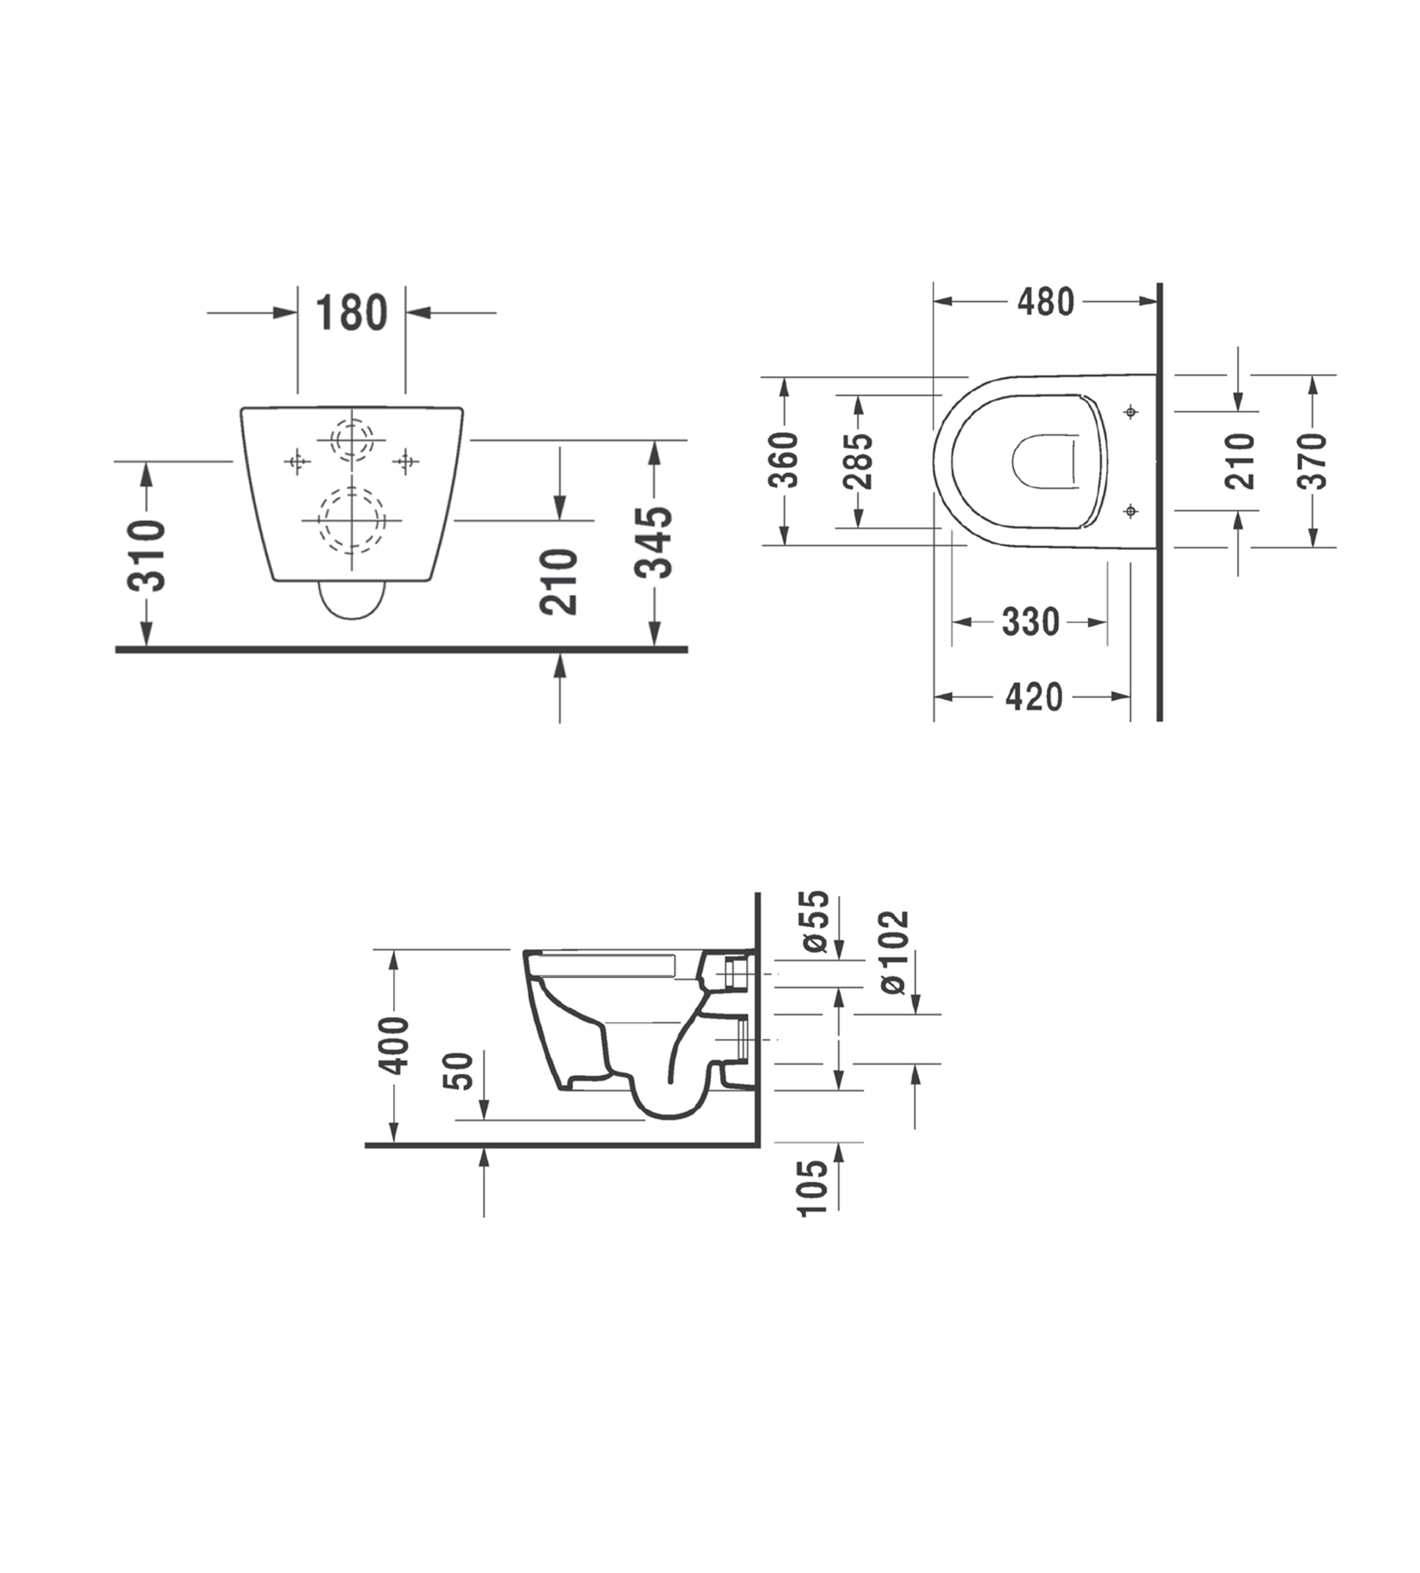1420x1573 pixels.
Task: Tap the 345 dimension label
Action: click(x=653, y=542)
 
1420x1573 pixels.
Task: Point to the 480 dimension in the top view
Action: click(x=1046, y=302)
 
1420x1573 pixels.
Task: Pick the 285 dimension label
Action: click(x=859, y=460)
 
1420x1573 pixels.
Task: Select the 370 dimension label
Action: click(x=1313, y=461)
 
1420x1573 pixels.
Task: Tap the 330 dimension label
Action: click(x=1031, y=622)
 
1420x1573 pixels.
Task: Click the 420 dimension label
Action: click(x=1034, y=697)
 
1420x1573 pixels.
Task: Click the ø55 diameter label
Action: click(x=814, y=922)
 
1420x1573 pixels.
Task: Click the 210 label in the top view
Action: click(x=1240, y=461)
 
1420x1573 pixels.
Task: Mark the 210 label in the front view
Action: click(x=559, y=582)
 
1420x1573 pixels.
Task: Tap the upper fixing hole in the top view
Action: click(x=1131, y=411)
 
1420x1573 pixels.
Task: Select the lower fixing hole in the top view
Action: click(x=1131, y=511)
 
